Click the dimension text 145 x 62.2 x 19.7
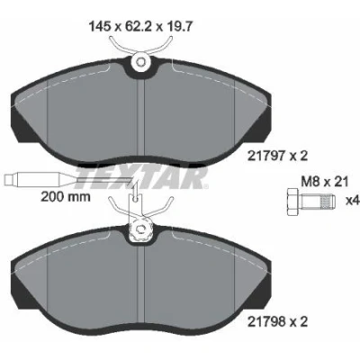[x=140, y=27]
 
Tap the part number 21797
[x=266, y=156]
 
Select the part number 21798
[x=266, y=322]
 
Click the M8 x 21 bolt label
[x=325, y=182]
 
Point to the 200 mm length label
[x=66, y=197]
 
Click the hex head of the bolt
[x=292, y=202]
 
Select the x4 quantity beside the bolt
[x=353, y=201]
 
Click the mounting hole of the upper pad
[x=140, y=62]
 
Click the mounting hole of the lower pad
[x=140, y=229]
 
